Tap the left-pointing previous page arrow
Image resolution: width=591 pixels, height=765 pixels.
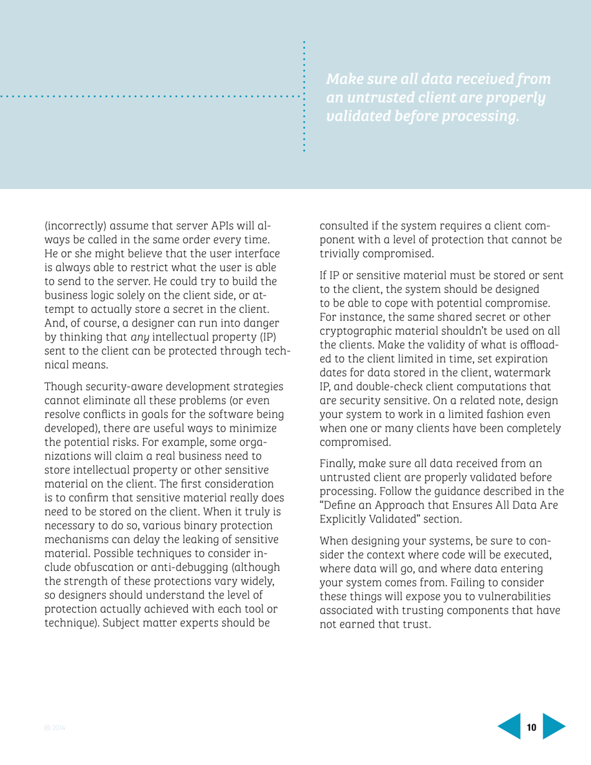click(510, 726)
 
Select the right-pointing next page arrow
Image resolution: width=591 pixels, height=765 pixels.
click(554, 726)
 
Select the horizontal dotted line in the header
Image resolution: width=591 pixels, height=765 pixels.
click(149, 97)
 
